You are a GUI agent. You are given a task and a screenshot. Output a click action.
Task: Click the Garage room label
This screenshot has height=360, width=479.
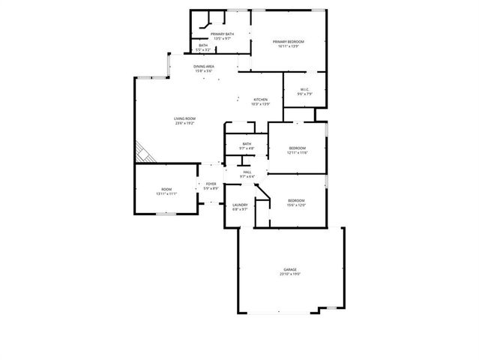tap(290, 269)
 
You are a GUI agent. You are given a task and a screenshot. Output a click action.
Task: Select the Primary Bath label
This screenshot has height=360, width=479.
tap(222, 34)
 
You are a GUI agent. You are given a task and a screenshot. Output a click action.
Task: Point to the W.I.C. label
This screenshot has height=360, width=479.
tap(304, 90)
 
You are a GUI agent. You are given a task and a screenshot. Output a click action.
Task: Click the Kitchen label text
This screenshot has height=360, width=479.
tap(260, 100)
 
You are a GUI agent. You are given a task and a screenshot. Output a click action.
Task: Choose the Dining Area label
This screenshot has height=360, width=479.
tap(204, 67)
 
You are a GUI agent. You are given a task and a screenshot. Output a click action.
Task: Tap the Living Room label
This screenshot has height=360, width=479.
tap(184, 118)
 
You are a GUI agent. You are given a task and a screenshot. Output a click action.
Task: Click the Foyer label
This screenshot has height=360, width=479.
tap(211, 184)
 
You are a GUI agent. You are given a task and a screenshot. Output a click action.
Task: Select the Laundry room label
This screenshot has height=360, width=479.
tap(240, 205)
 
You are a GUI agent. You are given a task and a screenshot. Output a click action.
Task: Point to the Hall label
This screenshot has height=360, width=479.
tap(247, 172)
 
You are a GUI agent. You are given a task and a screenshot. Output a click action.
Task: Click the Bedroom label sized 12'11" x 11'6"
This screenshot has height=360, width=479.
tap(298, 148)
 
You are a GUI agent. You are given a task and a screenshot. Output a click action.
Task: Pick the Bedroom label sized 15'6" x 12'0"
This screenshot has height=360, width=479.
tap(296, 200)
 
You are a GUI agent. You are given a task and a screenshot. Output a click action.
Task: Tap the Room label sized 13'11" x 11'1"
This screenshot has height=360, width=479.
tap(166, 189)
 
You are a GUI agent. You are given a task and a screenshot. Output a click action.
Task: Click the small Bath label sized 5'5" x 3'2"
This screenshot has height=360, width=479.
tap(203, 46)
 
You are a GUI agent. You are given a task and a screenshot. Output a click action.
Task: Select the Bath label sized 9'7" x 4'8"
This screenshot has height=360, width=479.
tap(247, 144)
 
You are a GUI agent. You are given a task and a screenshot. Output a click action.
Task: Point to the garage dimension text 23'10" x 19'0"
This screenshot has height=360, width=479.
tap(290, 274)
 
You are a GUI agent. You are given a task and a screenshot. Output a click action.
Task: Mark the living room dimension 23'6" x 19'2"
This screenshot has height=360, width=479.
tap(184, 124)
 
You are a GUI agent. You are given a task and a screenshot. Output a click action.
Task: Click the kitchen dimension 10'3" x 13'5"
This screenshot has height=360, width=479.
tap(260, 104)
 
